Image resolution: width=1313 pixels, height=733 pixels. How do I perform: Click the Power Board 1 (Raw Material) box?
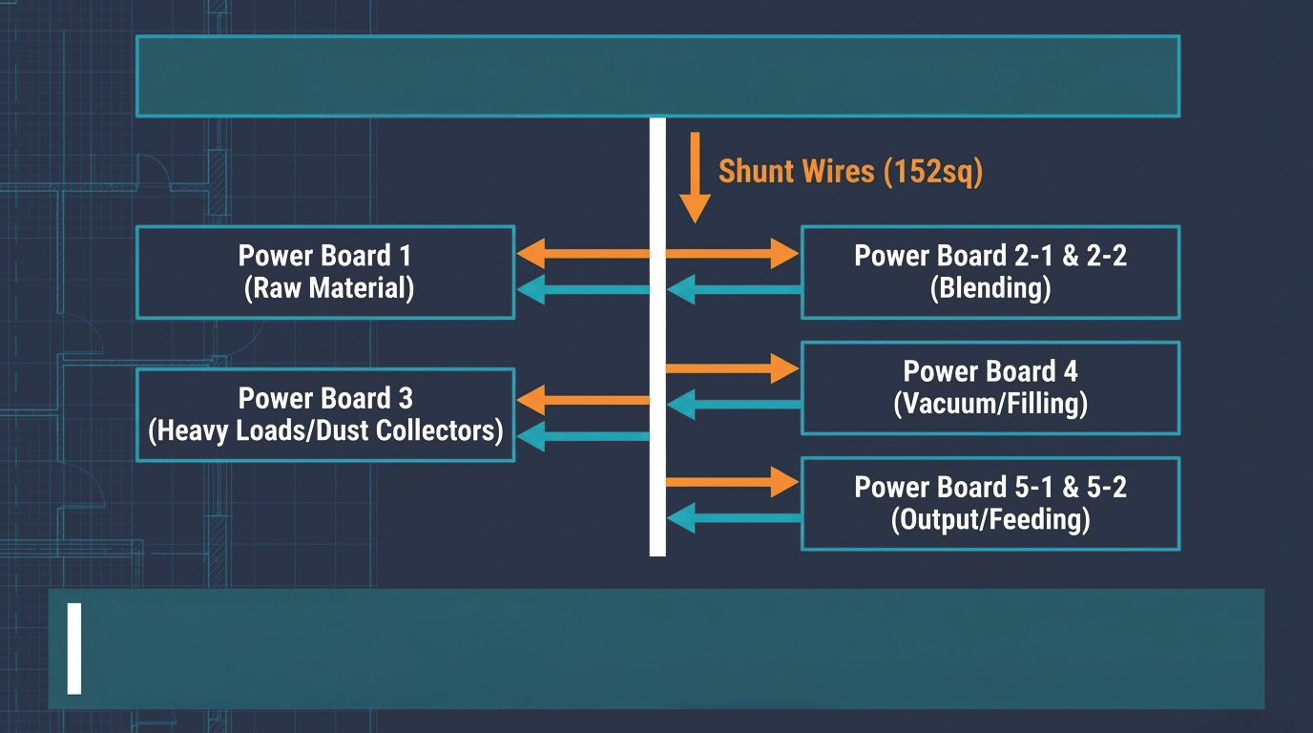(325, 272)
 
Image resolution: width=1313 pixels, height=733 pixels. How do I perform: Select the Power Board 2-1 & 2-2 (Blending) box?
(990, 272)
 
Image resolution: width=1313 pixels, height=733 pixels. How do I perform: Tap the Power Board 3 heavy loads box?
(325, 414)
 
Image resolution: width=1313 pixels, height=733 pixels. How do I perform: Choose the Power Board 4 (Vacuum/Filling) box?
(990, 387)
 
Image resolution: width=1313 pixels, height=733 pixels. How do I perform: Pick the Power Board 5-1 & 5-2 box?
(990, 504)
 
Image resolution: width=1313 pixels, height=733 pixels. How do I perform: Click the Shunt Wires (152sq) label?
(850, 172)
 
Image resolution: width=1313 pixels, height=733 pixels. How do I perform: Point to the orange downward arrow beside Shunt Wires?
(695, 178)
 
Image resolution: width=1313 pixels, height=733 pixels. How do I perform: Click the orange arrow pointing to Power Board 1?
(583, 253)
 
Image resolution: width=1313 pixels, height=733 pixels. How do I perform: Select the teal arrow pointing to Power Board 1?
(583, 289)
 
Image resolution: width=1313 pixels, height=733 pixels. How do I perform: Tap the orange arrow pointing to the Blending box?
(732, 253)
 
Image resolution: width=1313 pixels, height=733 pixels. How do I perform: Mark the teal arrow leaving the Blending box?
(734, 289)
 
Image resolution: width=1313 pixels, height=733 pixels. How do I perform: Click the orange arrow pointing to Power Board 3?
(583, 400)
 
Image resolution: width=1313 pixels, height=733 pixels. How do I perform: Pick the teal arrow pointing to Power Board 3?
(583, 436)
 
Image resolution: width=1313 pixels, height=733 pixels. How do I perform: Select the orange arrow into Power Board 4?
(732, 368)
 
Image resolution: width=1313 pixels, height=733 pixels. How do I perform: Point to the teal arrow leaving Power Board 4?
(734, 404)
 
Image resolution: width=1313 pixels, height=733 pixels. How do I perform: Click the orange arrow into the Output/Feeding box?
(732, 482)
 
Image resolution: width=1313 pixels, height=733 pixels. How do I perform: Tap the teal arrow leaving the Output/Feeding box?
(734, 518)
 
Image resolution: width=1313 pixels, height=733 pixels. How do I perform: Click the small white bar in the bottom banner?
(73, 649)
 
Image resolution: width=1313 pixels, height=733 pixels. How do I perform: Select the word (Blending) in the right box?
(990, 288)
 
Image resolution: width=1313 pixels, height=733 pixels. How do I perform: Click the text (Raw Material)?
(329, 288)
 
